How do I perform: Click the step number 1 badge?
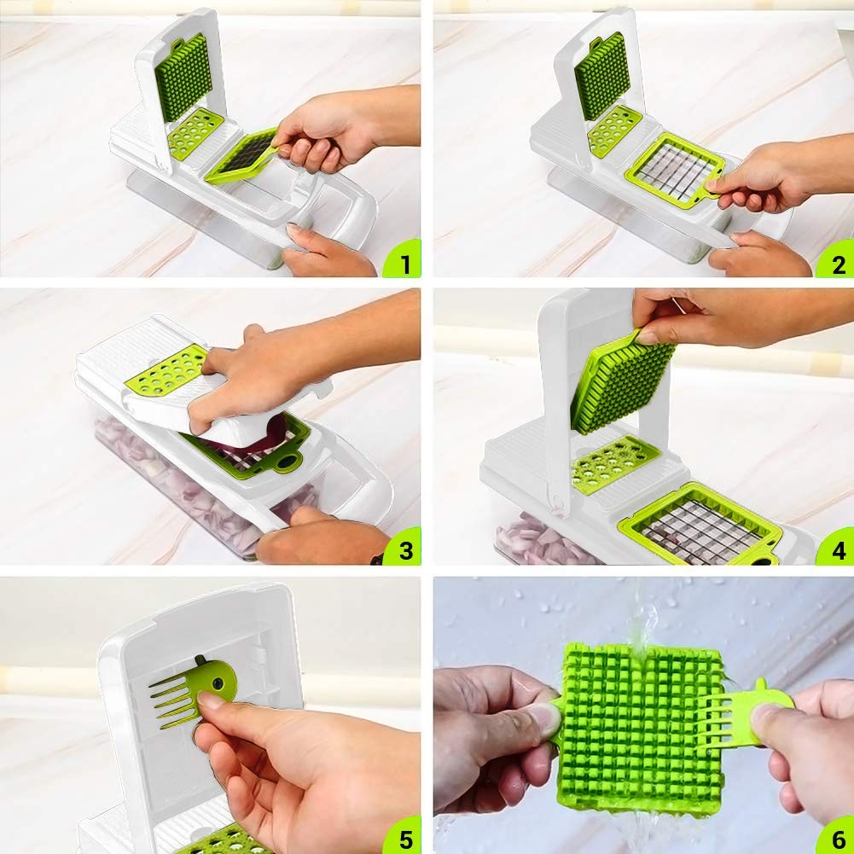[x=403, y=260]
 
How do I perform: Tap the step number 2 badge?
[x=836, y=260]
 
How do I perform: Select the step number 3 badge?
[x=403, y=548]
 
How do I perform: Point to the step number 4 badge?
[x=836, y=548]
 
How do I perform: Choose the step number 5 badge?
[x=403, y=835]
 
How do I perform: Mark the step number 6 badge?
[x=836, y=835]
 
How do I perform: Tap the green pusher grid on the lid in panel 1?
[x=182, y=78]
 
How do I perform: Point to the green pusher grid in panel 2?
[x=601, y=76]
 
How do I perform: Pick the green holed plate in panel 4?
[x=615, y=463]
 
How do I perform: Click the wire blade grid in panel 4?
[x=701, y=525]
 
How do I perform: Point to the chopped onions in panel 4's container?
[x=539, y=539]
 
